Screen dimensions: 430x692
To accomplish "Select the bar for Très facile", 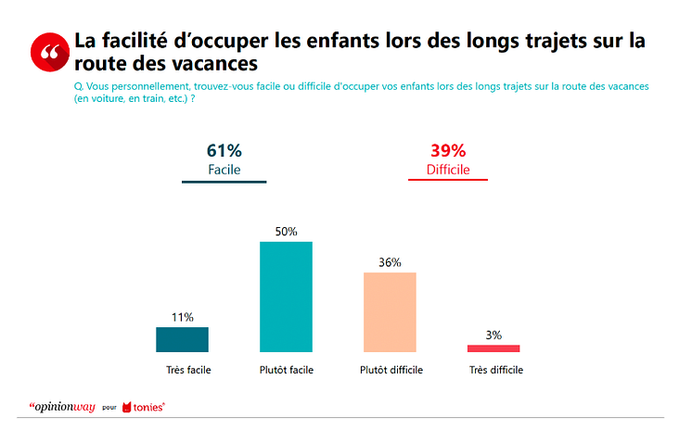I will pyautogui.click(x=182, y=339).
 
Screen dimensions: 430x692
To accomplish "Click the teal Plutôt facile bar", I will pyautogui.click(x=286, y=297).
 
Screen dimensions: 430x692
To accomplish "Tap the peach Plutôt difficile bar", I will pyautogui.click(x=390, y=312).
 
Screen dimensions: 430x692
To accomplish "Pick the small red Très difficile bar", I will pyautogui.click(x=493, y=348).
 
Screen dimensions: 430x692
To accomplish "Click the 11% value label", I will pyautogui.click(x=182, y=317).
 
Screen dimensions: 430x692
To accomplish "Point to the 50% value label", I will pyautogui.click(x=286, y=232).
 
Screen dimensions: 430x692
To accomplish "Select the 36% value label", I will pyautogui.click(x=390, y=262).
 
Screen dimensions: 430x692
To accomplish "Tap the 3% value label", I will pyautogui.click(x=493, y=335).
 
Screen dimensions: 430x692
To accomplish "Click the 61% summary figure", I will pyautogui.click(x=224, y=150).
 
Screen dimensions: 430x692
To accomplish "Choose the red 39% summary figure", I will pyautogui.click(x=448, y=150).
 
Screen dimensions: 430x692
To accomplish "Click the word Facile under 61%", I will pyautogui.click(x=224, y=170).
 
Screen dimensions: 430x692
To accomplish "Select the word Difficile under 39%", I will pyautogui.click(x=448, y=170).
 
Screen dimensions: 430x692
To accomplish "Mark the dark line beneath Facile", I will pyautogui.click(x=224, y=181).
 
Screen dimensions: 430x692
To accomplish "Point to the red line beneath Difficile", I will pyautogui.click(x=448, y=180).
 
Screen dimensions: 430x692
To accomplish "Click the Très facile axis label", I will pyautogui.click(x=188, y=370).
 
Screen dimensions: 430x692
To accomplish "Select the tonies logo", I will pyautogui.click(x=145, y=406).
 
